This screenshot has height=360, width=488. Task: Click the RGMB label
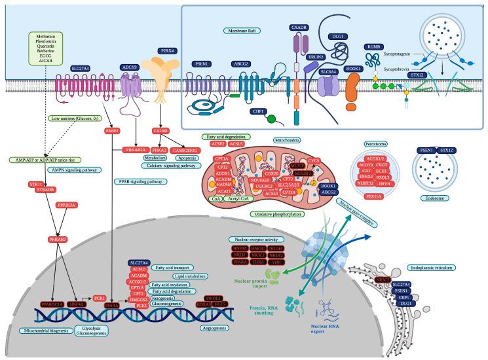(x=374, y=46)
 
